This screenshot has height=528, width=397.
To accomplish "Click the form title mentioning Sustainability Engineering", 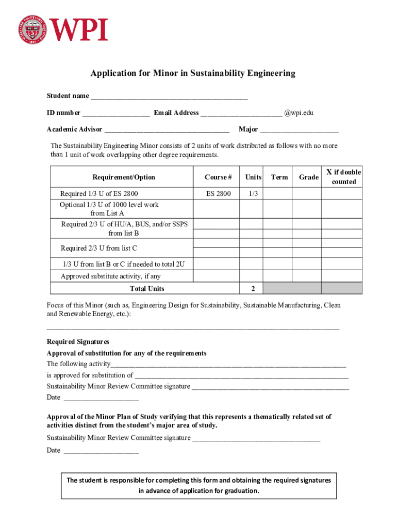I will click(x=193, y=73).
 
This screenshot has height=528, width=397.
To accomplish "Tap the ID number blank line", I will click(x=116, y=113).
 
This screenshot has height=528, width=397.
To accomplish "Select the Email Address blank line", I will click(x=241, y=113).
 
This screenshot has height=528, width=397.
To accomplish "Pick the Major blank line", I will click(x=300, y=130).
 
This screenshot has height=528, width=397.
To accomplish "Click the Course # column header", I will click(x=218, y=177).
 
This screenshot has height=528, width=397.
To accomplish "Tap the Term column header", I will click(x=279, y=177).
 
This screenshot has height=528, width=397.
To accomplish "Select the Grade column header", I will click(x=308, y=177).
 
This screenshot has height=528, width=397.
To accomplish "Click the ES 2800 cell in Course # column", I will click(x=219, y=194).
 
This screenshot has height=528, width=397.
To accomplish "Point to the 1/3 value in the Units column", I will click(x=253, y=194).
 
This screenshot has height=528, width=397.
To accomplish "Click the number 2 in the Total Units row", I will click(x=253, y=289).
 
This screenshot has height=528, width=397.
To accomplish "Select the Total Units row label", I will click(x=147, y=289).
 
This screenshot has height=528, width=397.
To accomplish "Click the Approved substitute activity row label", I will click(x=111, y=276).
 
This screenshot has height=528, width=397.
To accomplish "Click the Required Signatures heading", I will click(x=78, y=342).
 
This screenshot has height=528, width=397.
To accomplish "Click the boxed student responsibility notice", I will click(x=198, y=486).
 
